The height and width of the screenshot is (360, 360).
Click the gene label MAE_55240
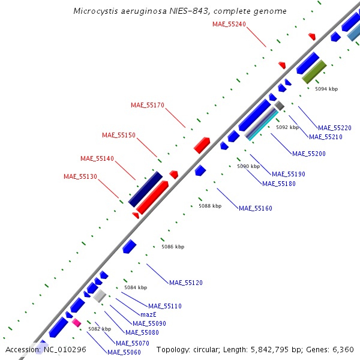coord(229,24)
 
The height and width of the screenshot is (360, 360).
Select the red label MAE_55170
coord(148,105)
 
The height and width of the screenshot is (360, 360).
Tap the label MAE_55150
coord(119,135)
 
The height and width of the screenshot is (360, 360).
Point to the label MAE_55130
coord(80,176)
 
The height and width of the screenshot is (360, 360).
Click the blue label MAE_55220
coord(335,128)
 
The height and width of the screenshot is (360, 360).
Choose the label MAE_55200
coord(309,154)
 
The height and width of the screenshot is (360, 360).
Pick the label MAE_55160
coord(256,208)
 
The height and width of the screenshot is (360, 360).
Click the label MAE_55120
coord(186,282)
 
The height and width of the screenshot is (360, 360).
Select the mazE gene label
coord(148,314)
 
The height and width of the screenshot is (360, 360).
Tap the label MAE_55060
coord(124,352)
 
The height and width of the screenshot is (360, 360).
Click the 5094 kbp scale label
coord(326,89)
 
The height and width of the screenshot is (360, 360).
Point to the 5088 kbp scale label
coord(210,206)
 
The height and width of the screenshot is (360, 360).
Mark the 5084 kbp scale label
coord(136,287)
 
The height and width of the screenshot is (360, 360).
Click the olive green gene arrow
coord(314,71)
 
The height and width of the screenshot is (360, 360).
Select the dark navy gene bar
coord(145,189)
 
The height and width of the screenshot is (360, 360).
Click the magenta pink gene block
coord(76,322)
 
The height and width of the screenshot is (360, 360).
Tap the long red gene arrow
coord(152,196)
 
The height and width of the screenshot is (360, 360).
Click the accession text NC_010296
coord(63,349)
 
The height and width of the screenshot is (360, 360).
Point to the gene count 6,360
coord(342,349)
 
